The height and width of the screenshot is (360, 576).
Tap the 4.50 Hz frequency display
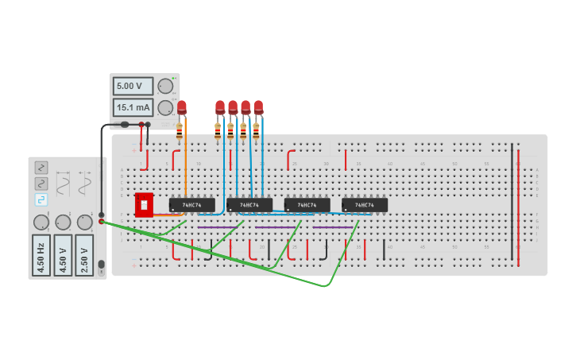[x=41, y=255]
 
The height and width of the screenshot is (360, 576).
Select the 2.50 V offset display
[x=84, y=255]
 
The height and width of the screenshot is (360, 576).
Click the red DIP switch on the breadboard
[x=144, y=204]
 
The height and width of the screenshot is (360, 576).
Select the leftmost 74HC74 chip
[x=191, y=205]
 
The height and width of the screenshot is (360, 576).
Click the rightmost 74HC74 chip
[x=365, y=205]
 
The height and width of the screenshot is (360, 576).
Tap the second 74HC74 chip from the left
[x=249, y=205]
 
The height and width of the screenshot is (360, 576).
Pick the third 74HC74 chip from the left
[x=307, y=205]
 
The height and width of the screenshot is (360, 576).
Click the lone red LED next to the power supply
[x=182, y=106]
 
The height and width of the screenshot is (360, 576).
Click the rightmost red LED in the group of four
[x=258, y=106]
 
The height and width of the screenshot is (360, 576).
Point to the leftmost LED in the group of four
[x=220, y=106]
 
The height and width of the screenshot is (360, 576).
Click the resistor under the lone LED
[x=180, y=130]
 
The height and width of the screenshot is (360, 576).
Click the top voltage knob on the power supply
[x=165, y=86]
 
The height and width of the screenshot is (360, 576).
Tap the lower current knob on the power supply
[x=165, y=107]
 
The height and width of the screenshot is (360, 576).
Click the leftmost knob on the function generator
[x=41, y=223]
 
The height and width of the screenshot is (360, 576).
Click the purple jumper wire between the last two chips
[x=332, y=227]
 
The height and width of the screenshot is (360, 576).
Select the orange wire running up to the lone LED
[x=186, y=175]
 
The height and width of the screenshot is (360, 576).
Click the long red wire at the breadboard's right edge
[x=518, y=203]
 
